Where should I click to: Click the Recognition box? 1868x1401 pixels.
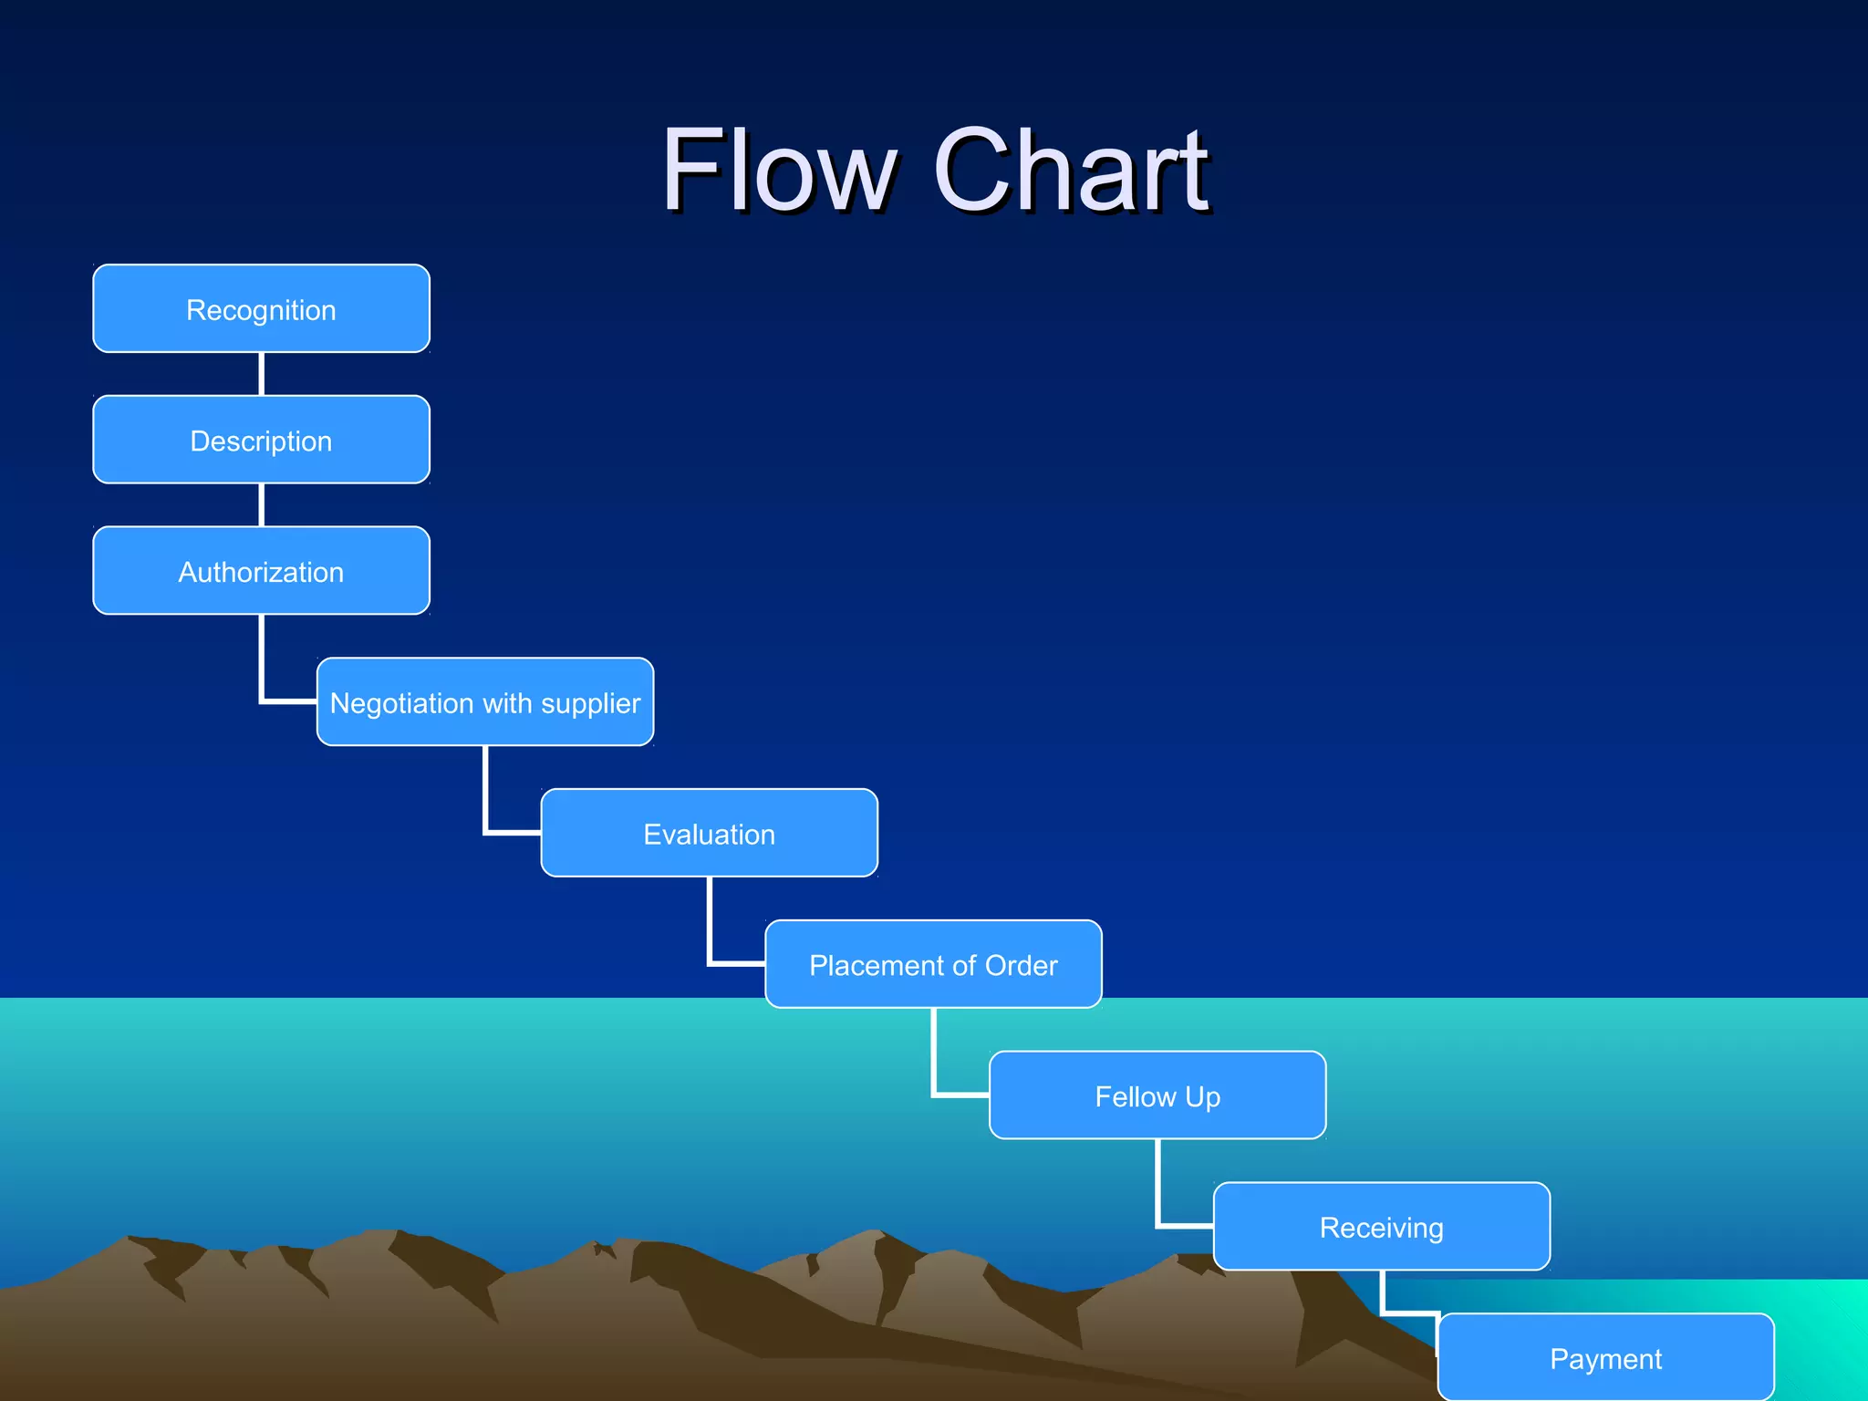click(x=261, y=309)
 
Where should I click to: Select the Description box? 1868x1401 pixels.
click(x=261, y=440)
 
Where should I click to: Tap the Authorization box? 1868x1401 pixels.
click(x=261, y=571)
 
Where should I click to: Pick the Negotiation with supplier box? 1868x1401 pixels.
click(x=484, y=702)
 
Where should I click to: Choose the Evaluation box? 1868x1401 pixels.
click(x=709, y=834)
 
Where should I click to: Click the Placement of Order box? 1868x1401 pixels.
click(x=933, y=964)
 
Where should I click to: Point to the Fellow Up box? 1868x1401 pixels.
click(x=1157, y=1095)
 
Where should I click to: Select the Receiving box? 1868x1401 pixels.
click(x=1381, y=1227)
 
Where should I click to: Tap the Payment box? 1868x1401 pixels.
click(x=1605, y=1357)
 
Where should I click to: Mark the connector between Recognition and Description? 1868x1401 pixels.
click(x=262, y=374)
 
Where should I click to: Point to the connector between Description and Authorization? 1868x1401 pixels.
click(x=262, y=504)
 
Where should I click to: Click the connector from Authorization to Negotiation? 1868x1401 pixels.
click(x=263, y=666)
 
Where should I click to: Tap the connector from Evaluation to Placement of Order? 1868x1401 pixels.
click(x=711, y=926)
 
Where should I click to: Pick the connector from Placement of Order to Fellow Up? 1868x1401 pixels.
click(x=934, y=1058)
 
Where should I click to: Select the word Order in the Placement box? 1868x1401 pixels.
click(x=1021, y=965)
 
